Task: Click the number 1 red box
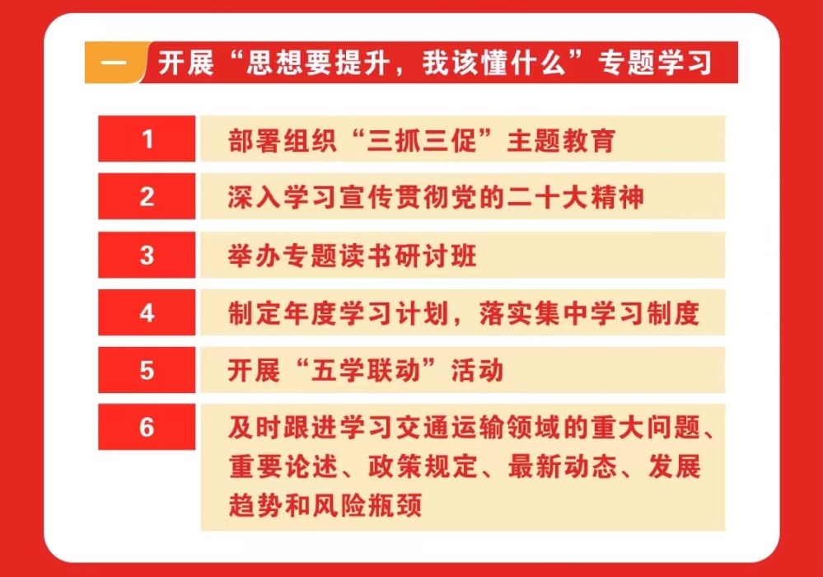147,138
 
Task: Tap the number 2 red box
147,196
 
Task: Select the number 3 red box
147,255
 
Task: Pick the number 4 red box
147,312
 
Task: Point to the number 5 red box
147,370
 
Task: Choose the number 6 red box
147,427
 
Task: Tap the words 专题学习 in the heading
655,63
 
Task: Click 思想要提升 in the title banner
318,63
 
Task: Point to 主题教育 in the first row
561,140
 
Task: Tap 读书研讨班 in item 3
407,256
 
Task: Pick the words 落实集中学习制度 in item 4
589,313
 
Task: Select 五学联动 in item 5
367,371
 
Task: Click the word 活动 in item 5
478,371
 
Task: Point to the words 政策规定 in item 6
423,467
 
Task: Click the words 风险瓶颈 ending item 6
367,504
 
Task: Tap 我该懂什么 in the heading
494,63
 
